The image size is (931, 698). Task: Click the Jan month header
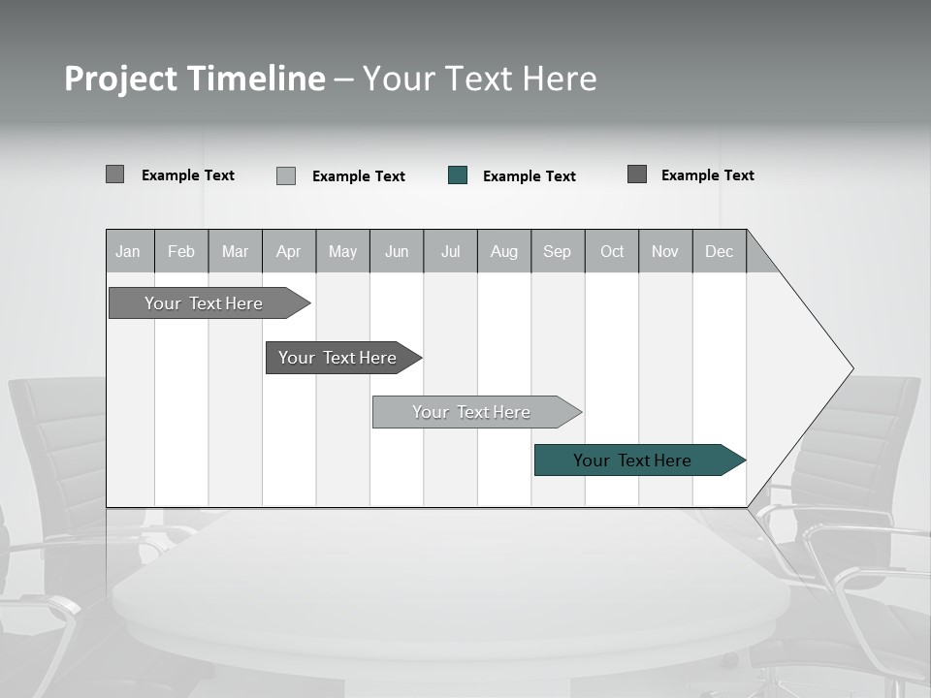click(x=129, y=251)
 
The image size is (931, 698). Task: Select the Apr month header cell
click(x=289, y=251)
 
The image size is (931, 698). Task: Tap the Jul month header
click(x=450, y=251)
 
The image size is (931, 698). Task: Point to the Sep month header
click(x=558, y=251)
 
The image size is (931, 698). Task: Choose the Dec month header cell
click(x=719, y=251)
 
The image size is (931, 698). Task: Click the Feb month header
click(x=181, y=251)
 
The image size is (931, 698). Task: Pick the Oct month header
click(x=612, y=251)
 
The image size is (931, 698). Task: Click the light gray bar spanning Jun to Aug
click(x=472, y=412)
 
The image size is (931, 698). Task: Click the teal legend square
click(x=458, y=175)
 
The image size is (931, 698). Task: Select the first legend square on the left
click(x=114, y=174)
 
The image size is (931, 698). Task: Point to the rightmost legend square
click(x=637, y=174)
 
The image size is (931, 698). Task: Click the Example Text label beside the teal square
click(x=530, y=176)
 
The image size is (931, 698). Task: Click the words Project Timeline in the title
click(x=195, y=79)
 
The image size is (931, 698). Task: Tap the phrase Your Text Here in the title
click(x=480, y=79)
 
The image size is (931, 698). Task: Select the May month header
click(x=342, y=251)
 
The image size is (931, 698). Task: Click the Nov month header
click(x=665, y=251)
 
